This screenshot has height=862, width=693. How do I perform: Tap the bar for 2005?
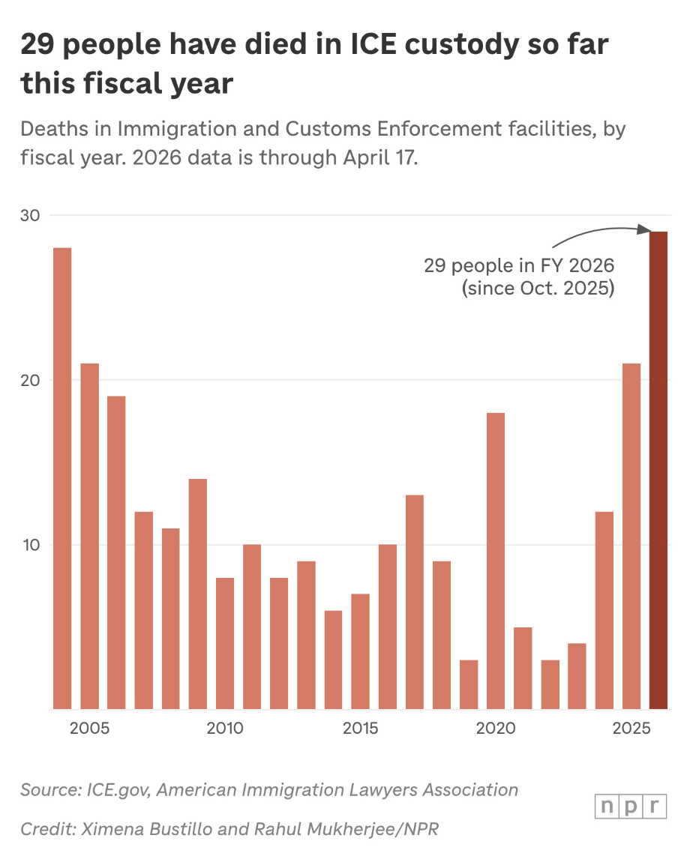click(89, 536)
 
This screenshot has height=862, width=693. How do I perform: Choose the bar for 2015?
click(360, 651)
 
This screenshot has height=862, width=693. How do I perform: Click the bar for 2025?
click(631, 536)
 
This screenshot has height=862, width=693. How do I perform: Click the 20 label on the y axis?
click(29, 380)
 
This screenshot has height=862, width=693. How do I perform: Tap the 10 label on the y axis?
click(29, 545)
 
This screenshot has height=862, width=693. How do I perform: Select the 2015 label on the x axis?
click(360, 729)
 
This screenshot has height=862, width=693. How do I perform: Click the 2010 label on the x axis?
click(224, 729)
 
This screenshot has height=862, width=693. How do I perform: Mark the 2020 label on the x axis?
click(495, 729)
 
